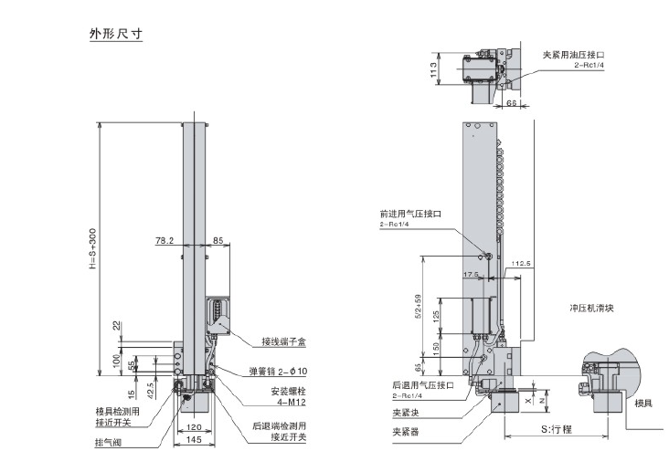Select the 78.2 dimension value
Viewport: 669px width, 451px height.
[x=164, y=241]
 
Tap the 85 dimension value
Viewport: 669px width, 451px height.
[x=218, y=241]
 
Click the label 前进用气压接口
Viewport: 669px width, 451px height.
[x=410, y=214]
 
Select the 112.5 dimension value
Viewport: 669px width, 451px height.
[x=522, y=263]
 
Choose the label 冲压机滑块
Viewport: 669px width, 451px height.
[x=598, y=308]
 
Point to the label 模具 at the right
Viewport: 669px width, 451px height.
[x=643, y=403]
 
